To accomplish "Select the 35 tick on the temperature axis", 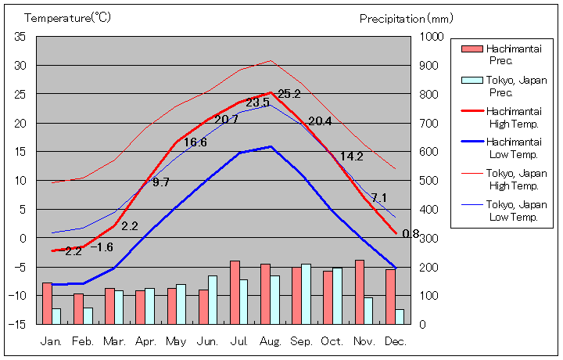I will pyautogui.click(x=20, y=37).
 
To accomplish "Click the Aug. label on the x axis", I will pyautogui.click(x=270, y=341).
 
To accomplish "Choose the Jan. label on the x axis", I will pyautogui.click(x=52, y=341).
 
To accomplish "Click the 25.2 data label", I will pyautogui.click(x=289, y=95).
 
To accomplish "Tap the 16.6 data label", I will pyautogui.click(x=195, y=142).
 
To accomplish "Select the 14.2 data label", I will pyautogui.click(x=351, y=157).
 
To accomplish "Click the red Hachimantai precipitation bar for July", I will pyautogui.click(x=235, y=292).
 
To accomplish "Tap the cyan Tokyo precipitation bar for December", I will pyautogui.click(x=400, y=316).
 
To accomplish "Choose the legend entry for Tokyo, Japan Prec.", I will pyautogui.click(x=513, y=85).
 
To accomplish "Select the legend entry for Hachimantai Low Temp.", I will pyautogui.click(x=513, y=147).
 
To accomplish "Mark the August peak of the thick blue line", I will pyautogui.click(x=271, y=146).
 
